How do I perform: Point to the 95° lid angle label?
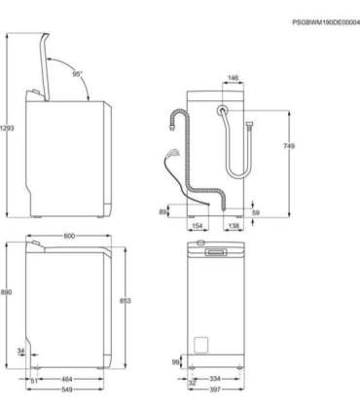pos(77,74)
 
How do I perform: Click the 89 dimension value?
pos(164,211)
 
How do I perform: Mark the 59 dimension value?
pos(256,211)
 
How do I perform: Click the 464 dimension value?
pos(66,379)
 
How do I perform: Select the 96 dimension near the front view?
pos(175,362)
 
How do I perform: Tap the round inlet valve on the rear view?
pos(223,112)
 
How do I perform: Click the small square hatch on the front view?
pos(201,344)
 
